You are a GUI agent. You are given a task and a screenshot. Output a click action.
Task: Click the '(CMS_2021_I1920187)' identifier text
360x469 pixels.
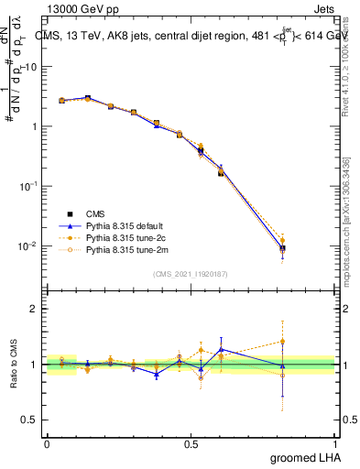tap(192, 272)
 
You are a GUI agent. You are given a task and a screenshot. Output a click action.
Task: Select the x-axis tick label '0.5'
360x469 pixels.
tap(191, 444)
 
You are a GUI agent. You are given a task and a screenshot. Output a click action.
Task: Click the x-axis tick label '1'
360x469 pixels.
tap(335, 444)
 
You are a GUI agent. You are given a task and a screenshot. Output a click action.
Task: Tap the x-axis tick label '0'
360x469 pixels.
tap(47, 444)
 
